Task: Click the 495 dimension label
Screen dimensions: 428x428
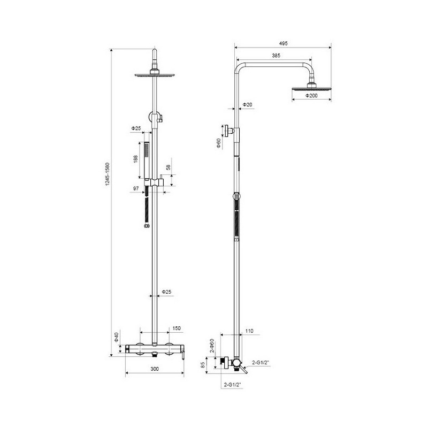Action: tap(284, 43)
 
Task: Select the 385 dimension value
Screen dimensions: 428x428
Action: tap(276, 56)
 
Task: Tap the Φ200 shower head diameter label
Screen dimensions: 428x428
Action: tap(311, 96)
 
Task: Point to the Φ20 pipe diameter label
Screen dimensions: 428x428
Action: tap(248, 104)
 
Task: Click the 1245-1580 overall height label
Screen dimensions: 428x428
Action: tap(108, 174)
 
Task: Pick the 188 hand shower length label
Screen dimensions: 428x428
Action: tap(136, 159)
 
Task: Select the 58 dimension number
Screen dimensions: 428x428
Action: tap(168, 167)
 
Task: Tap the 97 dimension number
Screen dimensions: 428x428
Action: tap(136, 188)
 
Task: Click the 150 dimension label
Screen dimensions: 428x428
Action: tap(177, 328)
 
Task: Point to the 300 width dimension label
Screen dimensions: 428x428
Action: tap(155, 369)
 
